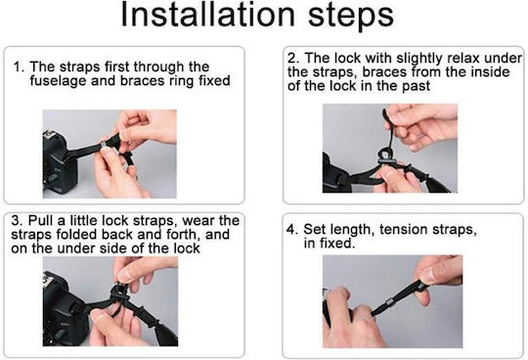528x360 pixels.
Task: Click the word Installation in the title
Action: coord(207,14)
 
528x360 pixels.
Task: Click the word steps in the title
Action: coord(351,17)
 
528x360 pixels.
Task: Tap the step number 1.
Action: coord(19,67)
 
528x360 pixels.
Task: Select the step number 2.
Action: coord(293,59)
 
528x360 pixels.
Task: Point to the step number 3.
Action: coord(17,221)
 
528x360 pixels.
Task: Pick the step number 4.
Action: coord(292,230)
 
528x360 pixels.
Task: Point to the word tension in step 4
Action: coord(404,230)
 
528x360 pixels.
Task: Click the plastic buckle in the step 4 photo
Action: coord(389,302)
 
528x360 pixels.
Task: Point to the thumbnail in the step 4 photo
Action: coord(426,275)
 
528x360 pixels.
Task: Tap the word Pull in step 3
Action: coord(40,221)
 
